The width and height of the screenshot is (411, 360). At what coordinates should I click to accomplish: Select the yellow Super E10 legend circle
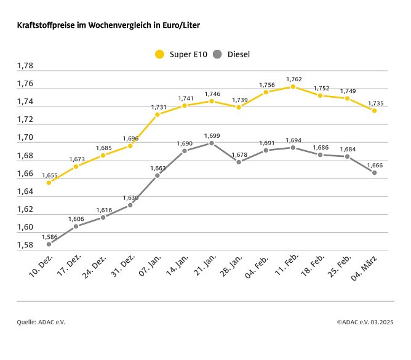(x=160, y=54)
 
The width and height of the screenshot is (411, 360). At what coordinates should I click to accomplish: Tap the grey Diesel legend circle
(x=217, y=54)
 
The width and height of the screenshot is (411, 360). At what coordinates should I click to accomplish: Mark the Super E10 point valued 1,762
(x=293, y=87)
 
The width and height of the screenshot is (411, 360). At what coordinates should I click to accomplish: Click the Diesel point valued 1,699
(x=212, y=143)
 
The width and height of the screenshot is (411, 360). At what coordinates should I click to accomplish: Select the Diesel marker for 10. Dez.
(x=49, y=244)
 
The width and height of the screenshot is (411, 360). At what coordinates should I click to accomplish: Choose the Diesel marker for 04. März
(x=374, y=172)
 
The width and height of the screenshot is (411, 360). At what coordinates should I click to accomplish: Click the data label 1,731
(x=160, y=107)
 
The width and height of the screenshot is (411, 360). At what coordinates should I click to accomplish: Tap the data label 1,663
(x=158, y=168)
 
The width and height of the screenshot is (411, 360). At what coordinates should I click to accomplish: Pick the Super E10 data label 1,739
(x=241, y=100)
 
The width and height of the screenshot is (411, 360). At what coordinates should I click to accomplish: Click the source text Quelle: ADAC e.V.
(x=41, y=322)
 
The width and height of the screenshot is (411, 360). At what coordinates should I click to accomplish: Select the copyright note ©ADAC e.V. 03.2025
(x=365, y=322)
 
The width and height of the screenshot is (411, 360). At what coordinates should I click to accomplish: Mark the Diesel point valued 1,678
(x=239, y=162)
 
